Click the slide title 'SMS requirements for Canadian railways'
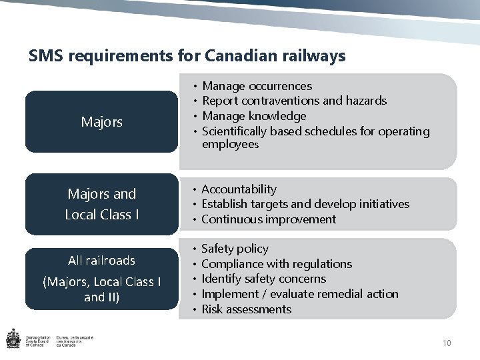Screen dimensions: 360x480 point(187,55)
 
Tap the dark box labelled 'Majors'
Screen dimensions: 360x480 point(101,122)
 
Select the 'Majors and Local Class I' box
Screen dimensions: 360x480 point(101,204)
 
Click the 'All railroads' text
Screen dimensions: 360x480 point(101,260)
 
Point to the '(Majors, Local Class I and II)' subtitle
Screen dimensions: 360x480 point(101,289)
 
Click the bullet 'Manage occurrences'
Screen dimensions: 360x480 point(257,86)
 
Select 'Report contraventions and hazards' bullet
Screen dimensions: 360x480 point(294,101)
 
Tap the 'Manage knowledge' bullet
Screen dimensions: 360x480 point(254,116)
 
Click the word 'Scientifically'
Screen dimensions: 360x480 point(235,131)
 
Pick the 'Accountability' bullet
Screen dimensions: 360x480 point(239,189)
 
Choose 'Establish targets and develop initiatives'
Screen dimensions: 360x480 point(305,204)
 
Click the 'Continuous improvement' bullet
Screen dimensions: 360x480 point(269,219)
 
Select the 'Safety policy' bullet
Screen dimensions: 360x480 point(235,249)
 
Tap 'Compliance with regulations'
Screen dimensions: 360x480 point(277,264)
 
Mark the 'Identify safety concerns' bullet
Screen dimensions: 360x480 point(264,279)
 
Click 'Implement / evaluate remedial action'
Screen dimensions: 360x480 point(300,294)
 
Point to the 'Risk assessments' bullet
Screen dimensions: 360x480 point(247,309)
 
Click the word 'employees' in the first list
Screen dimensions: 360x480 point(230,144)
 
